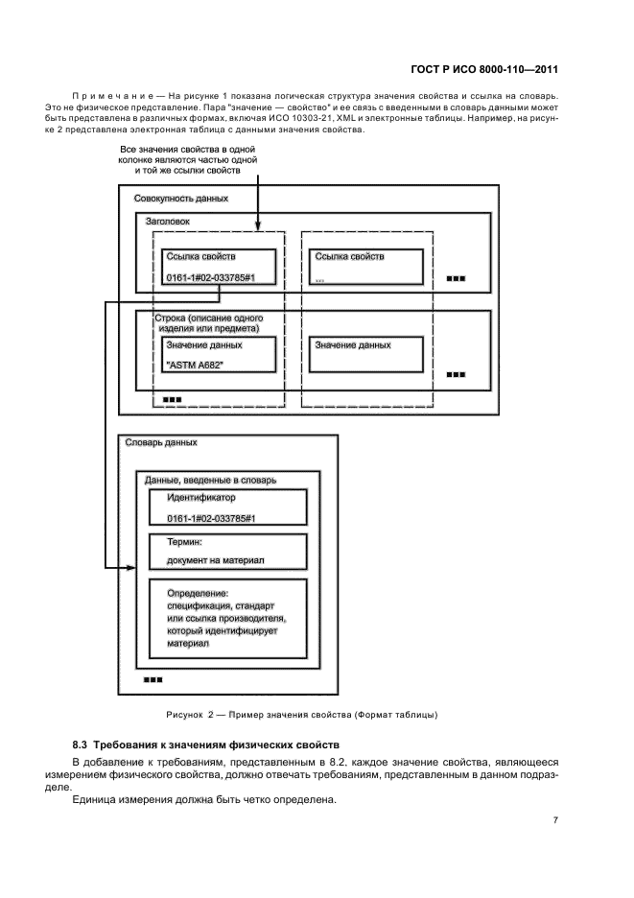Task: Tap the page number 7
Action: (x=555, y=818)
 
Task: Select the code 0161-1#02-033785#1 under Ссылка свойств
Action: (x=212, y=276)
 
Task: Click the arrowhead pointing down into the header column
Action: (x=257, y=227)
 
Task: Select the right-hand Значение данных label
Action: (x=353, y=344)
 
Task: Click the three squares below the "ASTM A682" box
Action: (x=173, y=399)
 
